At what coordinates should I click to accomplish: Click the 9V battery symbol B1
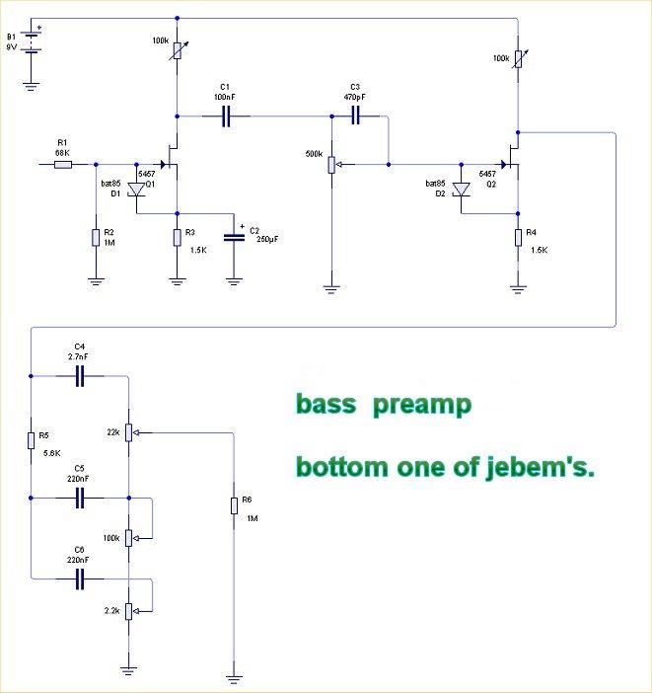pyautogui.click(x=32, y=43)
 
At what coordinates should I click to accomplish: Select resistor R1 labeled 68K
pyautogui.click(x=63, y=164)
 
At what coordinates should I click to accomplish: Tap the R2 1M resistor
pyautogui.click(x=96, y=237)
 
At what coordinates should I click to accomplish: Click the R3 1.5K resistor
pyautogui.click(x=178, y=237)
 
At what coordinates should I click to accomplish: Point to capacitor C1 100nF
pyautogui.click(x=226, y=115)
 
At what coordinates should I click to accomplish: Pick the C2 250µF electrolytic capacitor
pyautogui.click(x=235, y=237)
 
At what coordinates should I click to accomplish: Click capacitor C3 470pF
pyautogui.click(x=357, y=115)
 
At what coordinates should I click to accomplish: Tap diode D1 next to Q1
pyautogui.click(x=137, y=186)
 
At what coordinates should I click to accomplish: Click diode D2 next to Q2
pyautogui.click(x=461, y=187)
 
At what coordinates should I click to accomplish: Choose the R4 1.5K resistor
pyautogui.click(x=517, y=237)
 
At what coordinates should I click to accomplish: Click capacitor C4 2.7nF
pyautogui.click(x=80, y=375)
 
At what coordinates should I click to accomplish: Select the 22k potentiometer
pyautogui.click(x=128, y=432)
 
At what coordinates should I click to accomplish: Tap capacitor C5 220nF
pyautogui.click(x=80, y=499)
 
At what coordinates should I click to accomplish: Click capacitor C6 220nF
pyautogui.click(x=80, y=579)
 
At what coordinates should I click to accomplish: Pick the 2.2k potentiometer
pyautogui.click(x=128, y=611)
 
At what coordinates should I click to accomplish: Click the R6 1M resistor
pyautogui.click(x=235, y=505)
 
